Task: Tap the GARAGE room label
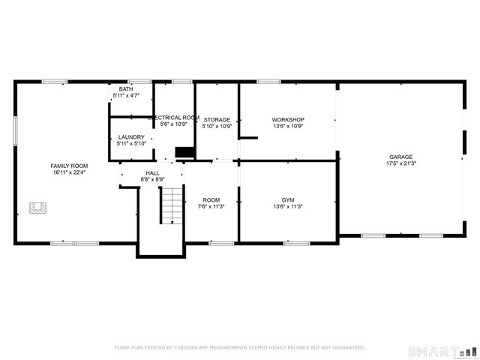[x=400, y=157]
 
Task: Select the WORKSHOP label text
[x=287, y=120]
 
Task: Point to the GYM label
[x=287, y=200]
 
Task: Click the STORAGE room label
[x=217, y=120]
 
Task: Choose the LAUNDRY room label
[x=131, y=137]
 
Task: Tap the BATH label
[x=126, y=89]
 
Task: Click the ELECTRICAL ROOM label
[x=174, y=118]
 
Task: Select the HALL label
[x=152, y=173]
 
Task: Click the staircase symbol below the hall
[x=172, y=205]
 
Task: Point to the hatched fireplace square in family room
[x=37, y=208]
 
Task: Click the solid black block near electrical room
[x=184, y=152]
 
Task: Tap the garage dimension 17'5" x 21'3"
[x=400, y=163]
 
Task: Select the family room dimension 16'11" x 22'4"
[x=69, y=172]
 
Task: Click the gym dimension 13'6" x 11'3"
[x=287, y=207]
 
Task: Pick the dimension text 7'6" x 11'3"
[x=211, y=207]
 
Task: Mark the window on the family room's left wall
[x=15, y=132]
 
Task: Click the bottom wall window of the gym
[x=297, y=243]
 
